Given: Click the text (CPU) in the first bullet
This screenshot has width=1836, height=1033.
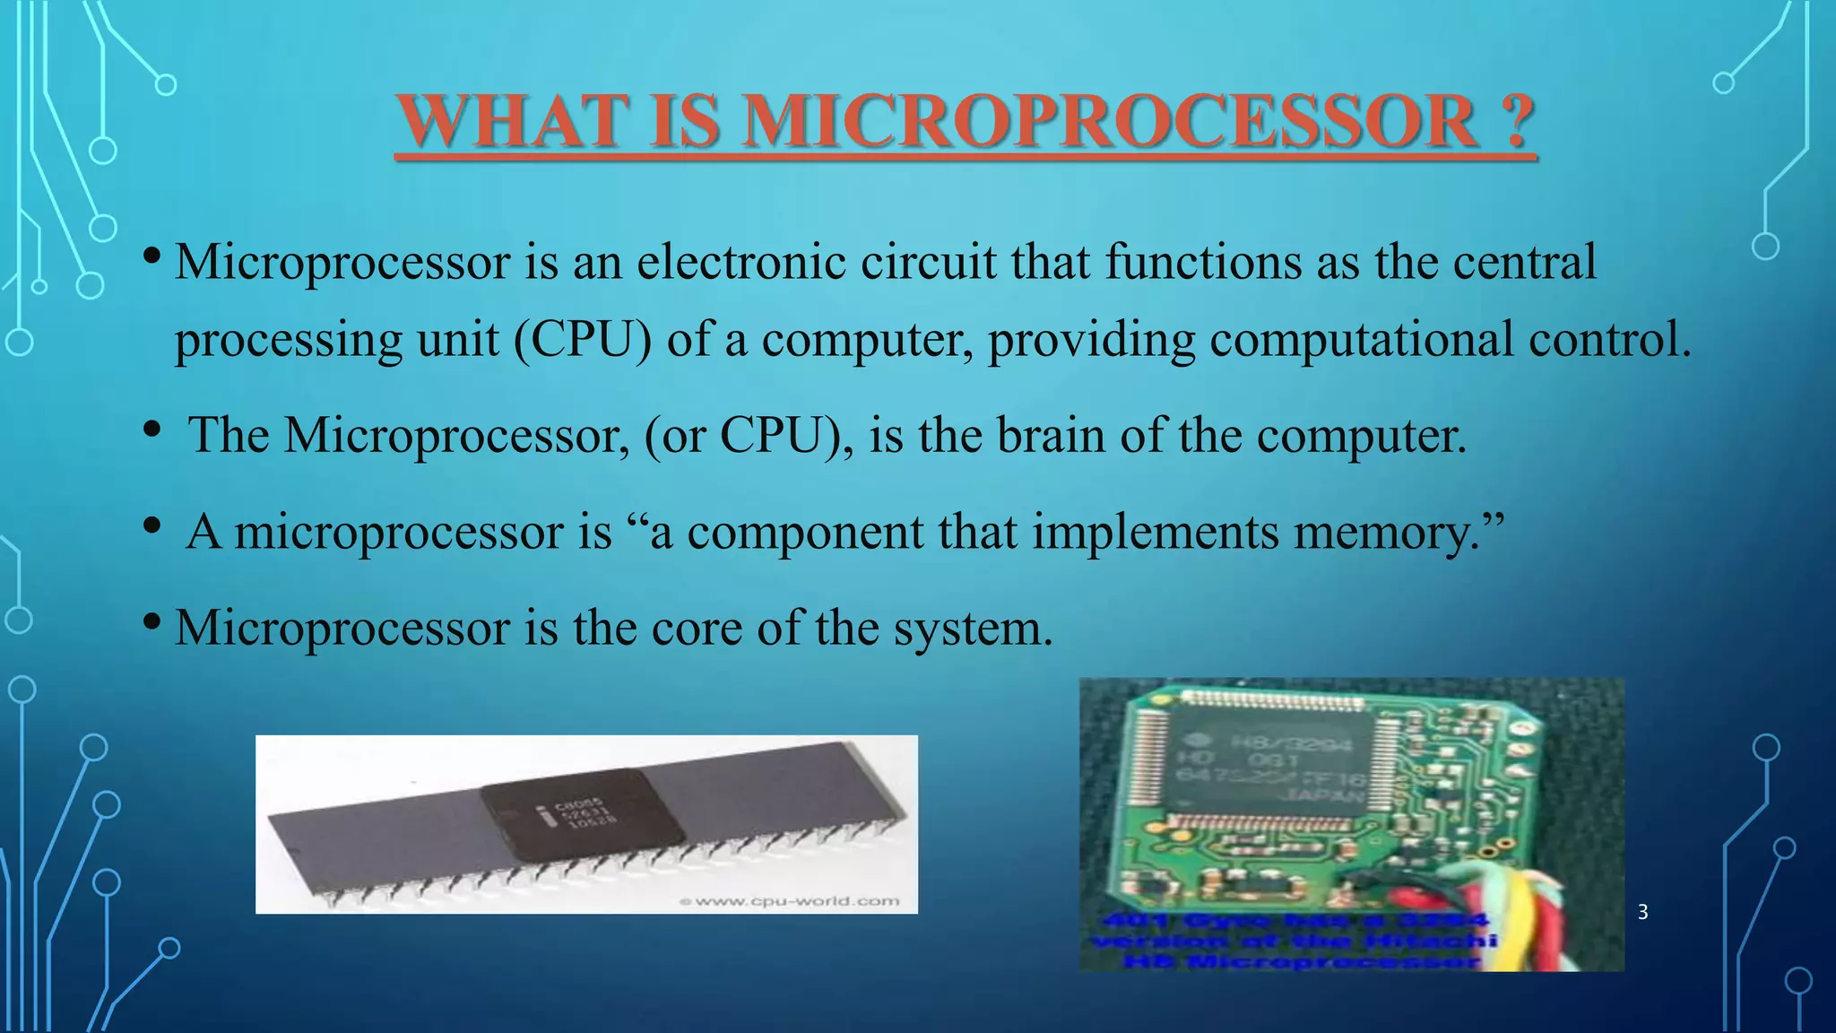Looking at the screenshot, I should pyautogui.click(x=583, y=340).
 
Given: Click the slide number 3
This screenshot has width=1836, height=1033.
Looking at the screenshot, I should pyautogui.click(x=1642, y=912).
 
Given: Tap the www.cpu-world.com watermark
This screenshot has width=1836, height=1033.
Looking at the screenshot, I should pyautogui.click(x=790, y=901).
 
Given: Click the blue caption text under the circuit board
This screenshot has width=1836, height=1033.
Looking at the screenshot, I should pyautogui.click(x=1291, y=941).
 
